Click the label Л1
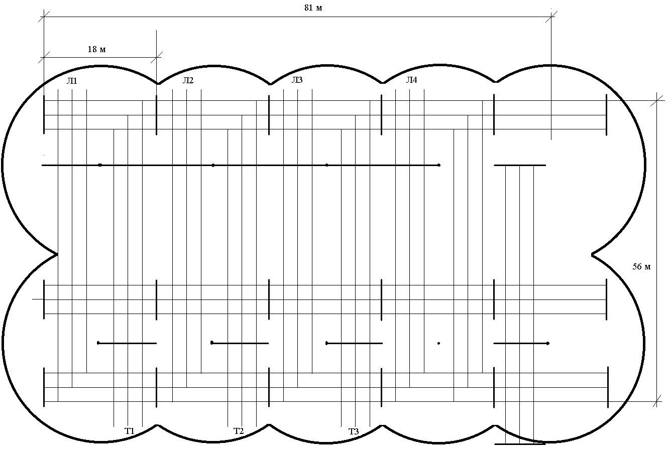click(x=72, y=81)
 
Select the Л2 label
click(x=188, y=80)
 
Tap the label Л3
click(x=297, y=80)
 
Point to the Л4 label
click(x=411, y=80)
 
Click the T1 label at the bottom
click(x=130, y=431)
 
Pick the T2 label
click(x=239, y=431)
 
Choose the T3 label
click(x=354, y=431)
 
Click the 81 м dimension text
click(x=313, y=8)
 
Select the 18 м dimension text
click(x=96, y=49)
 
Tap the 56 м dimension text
click(x=641, y=267)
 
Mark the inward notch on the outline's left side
click(x=57, y=254)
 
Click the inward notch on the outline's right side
click(x=592, y=254)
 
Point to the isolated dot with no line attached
click(x=438, y=343)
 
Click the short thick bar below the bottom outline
click(x=520, y=444)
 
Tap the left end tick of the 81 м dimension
click(x=44, y=17)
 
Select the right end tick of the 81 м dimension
click(x=551, y=17)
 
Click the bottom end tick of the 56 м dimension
click(x=656, y=401)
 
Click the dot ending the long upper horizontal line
click(x=439, y=165)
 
